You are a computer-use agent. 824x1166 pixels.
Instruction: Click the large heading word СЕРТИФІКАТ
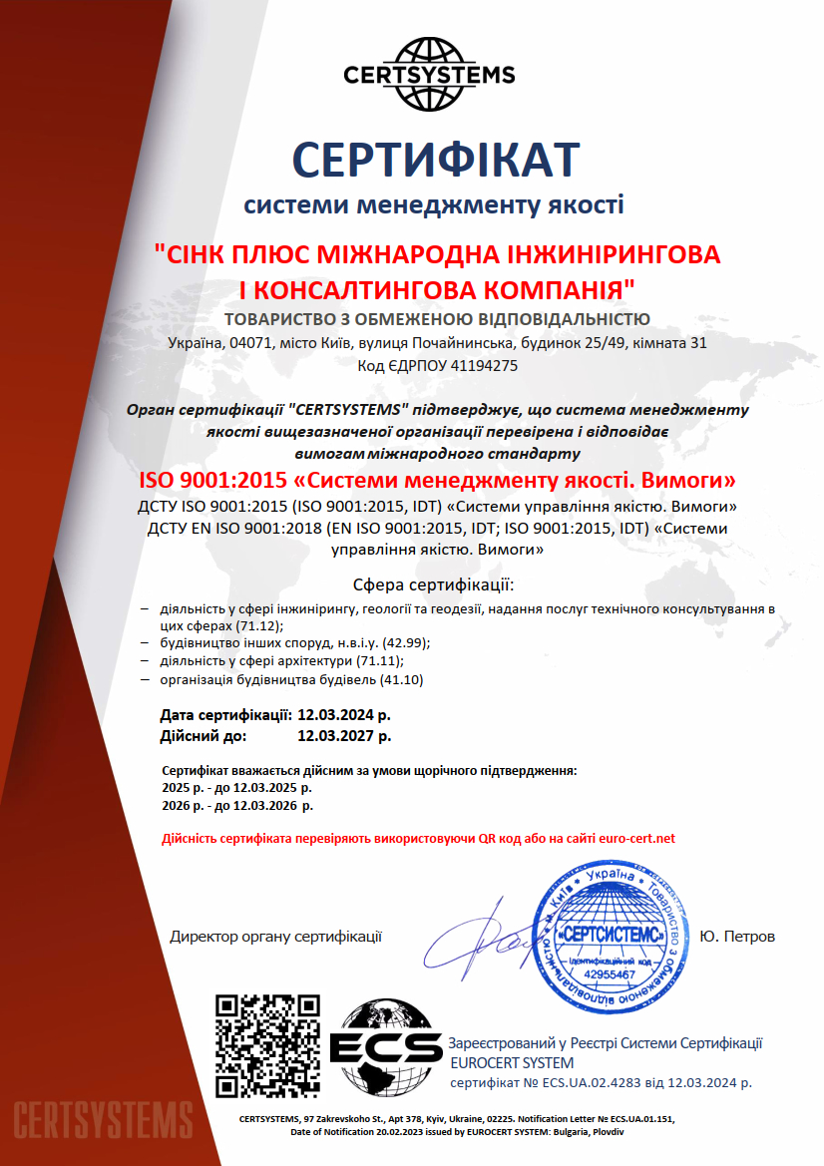coord(435,161)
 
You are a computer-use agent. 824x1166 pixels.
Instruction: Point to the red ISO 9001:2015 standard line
coord(436,481)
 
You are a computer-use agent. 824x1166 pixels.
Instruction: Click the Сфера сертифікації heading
coord(434,583)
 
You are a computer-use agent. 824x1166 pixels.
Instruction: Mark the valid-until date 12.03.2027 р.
coord(344,736)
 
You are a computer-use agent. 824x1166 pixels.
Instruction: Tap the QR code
coord(268,1044)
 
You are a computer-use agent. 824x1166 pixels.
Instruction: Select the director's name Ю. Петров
coord(737,937)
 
